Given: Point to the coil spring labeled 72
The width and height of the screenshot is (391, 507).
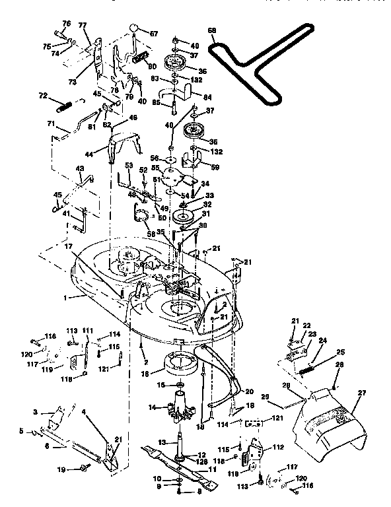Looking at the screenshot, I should click(63, 105).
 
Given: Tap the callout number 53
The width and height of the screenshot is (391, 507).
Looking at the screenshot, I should click(129, 165).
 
